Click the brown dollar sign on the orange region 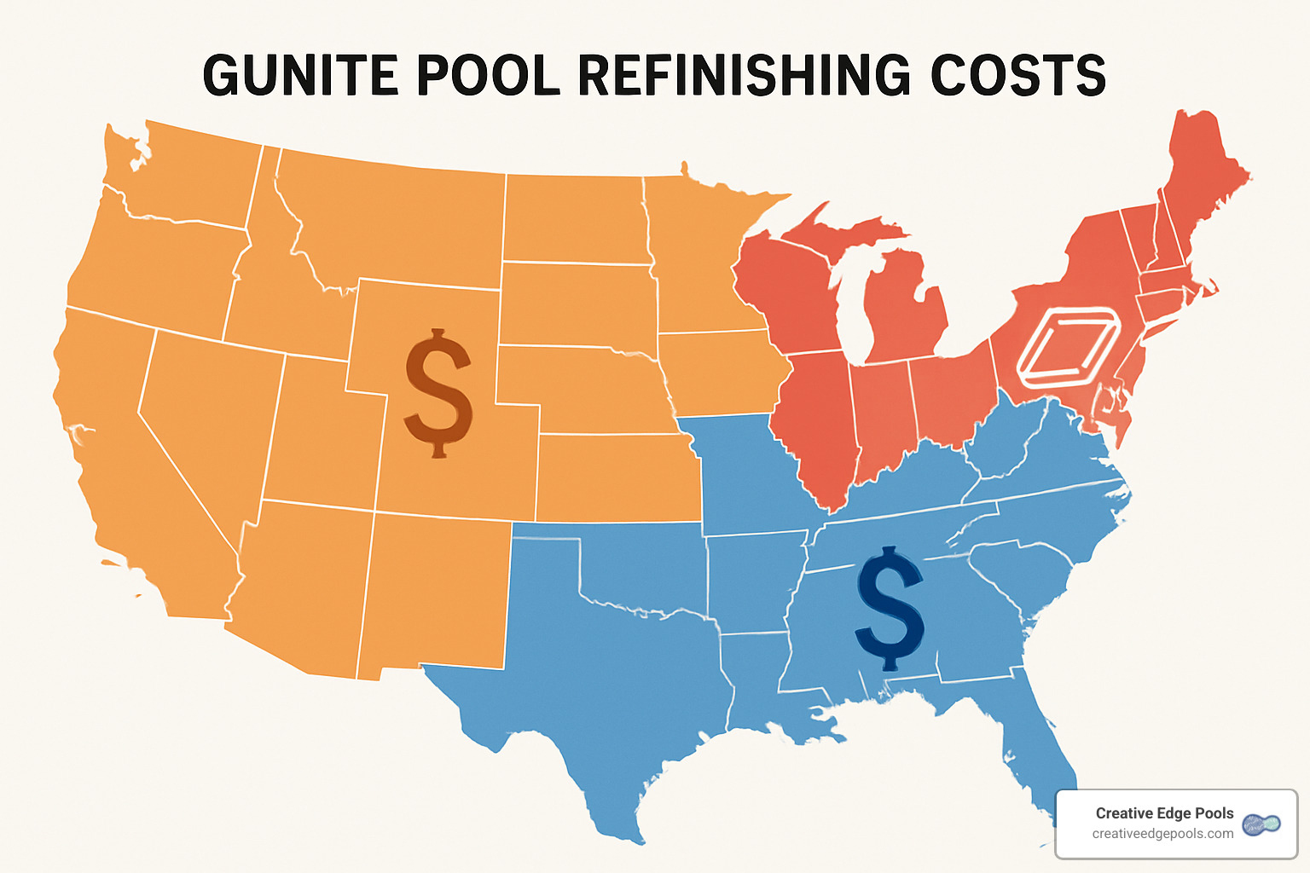click(x=438, y=393)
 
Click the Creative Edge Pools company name click(x=1164, y=812)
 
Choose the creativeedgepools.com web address click(x=1162, y=834)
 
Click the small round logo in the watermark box click(x=1261, y=824)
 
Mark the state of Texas click(x=614, y=674)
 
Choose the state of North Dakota click(x=573, y=218)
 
